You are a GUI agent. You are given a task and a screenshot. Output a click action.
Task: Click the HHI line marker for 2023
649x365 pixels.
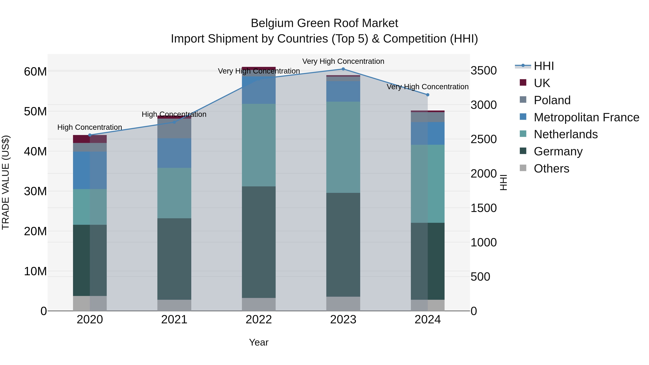click(x=343, y=69)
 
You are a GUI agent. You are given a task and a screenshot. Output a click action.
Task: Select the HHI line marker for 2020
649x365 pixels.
click(x=90, y=135)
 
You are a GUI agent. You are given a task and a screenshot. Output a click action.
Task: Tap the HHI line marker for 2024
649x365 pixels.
click(x=428, y=95)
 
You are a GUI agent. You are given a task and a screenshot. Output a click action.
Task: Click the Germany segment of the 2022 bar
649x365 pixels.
click(x=259, y=242)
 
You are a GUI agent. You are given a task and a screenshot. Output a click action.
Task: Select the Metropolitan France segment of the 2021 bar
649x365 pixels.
click(x=174, y=153)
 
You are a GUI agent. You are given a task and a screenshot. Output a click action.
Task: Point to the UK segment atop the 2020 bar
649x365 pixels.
click(x=90, y=139)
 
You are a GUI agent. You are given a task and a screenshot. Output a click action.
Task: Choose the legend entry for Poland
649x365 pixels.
click(x=552, y=100)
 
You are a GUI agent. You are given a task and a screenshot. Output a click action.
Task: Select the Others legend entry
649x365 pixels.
click(x=551, y=169)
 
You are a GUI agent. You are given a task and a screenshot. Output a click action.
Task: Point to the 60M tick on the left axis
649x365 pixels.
click(x=35, y=72)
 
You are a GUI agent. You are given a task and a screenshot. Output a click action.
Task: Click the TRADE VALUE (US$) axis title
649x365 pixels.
click(x=6, y=182)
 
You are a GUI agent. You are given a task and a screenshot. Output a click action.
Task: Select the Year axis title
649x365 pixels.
click(x=259, y=342)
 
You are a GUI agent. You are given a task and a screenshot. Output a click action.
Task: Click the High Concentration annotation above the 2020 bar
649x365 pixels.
click(x=90, y=127)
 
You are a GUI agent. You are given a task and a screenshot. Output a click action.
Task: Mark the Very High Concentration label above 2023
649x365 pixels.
click(x=343, y=61)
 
